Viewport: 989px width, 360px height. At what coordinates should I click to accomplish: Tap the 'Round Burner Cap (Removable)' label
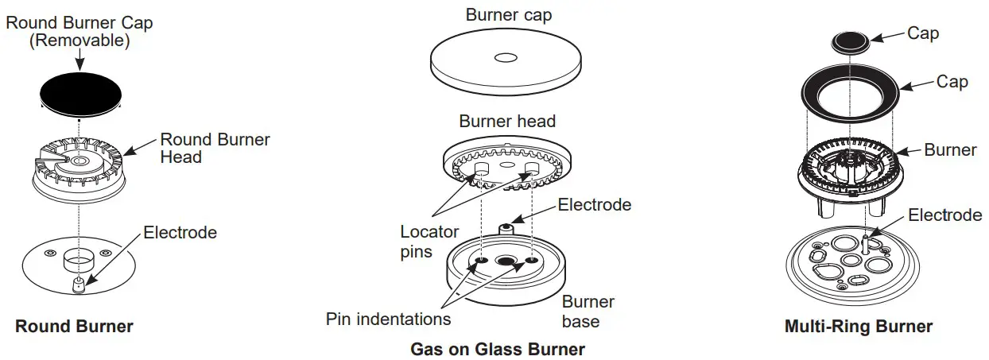pos(80,32)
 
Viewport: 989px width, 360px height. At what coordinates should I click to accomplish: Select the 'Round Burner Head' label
pos(215,149)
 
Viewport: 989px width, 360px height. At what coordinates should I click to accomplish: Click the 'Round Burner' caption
pos(75,327)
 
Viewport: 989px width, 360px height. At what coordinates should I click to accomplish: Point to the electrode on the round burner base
pos(78,285)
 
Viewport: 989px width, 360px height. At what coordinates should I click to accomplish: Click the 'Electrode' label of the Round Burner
pos(180,233)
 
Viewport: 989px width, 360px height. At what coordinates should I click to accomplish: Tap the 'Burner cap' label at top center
pos(508,15)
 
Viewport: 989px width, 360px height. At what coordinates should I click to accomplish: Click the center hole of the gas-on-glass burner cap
pos(506,57)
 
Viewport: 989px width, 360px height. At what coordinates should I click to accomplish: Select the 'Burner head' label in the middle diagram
pos(507,122)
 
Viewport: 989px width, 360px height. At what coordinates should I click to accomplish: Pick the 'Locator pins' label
pos(429,242)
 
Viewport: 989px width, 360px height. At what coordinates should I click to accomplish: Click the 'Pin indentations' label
pos(389,319)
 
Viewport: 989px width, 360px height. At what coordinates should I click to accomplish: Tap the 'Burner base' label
pos(588,312)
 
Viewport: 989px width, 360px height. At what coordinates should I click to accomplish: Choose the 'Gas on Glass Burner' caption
pos(498,349)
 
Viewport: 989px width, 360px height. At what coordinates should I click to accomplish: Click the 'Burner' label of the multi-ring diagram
pos(950,150)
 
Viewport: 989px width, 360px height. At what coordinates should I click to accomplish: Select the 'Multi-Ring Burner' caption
pos(859,327)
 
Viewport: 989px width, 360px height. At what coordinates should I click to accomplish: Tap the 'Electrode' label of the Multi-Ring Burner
pos(945,215)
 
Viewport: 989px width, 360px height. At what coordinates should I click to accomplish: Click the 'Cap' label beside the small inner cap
pos(923,33)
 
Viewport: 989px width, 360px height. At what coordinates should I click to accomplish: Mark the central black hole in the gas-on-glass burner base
pos(506,261)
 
